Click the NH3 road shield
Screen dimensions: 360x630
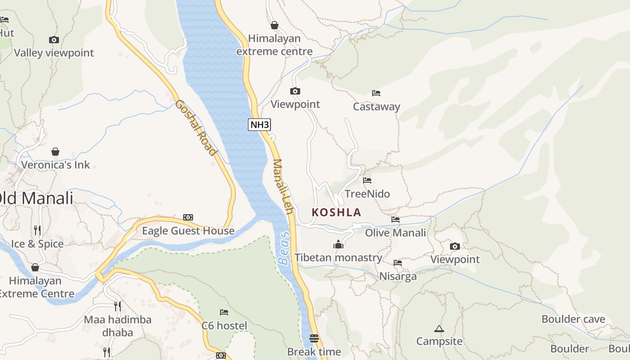point(260,125)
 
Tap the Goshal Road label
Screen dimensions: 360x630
point(196,128)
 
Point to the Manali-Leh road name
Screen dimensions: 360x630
point(283,186)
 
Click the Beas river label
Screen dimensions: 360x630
point(283,248)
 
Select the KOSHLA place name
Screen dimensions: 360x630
point(337,212)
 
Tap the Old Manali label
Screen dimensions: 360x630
point(36,198)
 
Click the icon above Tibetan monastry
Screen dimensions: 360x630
point(338,244)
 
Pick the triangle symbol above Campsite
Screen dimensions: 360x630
point(439,329)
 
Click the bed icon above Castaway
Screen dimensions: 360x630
point(376,93)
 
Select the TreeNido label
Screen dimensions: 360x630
point(367,194)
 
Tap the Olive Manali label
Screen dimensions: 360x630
point(395,233)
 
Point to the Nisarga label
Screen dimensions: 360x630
point(398,276)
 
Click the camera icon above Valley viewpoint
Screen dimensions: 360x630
point(54,40)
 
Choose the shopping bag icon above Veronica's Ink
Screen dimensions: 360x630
point(55,152)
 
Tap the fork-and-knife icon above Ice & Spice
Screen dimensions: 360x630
point(37,230)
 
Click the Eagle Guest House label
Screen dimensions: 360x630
point(188,231)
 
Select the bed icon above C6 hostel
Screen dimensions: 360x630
point(224,312)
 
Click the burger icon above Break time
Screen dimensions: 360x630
point(314,338)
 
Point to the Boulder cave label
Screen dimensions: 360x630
point(573,319)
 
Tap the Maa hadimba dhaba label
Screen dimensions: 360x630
point(117,326)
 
